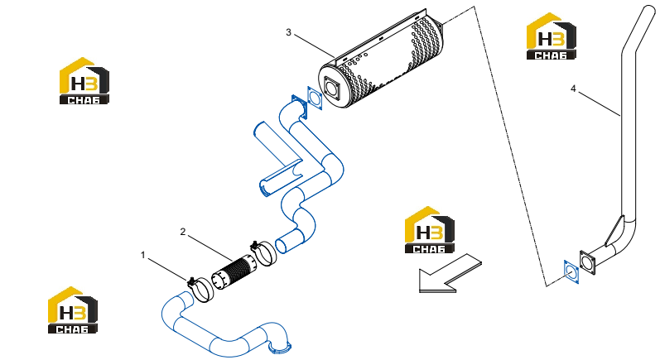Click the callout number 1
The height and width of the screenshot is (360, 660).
point(142,255)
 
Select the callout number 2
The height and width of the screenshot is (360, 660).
point(183,232)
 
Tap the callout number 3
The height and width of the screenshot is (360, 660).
point(288,32)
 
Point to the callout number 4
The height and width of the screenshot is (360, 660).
point(573,89)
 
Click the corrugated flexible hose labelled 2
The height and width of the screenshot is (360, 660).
point(234,273)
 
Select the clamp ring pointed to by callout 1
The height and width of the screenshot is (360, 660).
point(200,290)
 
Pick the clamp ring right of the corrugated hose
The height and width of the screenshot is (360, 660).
point(263,252)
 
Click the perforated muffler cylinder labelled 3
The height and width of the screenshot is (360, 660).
point(382,59)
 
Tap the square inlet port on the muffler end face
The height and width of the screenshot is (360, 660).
point(332,89)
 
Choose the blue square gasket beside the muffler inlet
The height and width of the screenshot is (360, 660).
point(315,98)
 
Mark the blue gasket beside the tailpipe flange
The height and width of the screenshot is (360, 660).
point(571,271)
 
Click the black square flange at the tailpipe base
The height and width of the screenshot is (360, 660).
point(587,263)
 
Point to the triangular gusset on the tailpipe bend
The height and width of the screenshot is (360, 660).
point(614,231)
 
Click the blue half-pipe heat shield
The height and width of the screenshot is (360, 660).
point(277,159)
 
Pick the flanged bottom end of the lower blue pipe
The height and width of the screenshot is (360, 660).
point(280,347)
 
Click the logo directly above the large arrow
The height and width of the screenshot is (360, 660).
point(429,229)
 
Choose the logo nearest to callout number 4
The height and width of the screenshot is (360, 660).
point(552,36)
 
